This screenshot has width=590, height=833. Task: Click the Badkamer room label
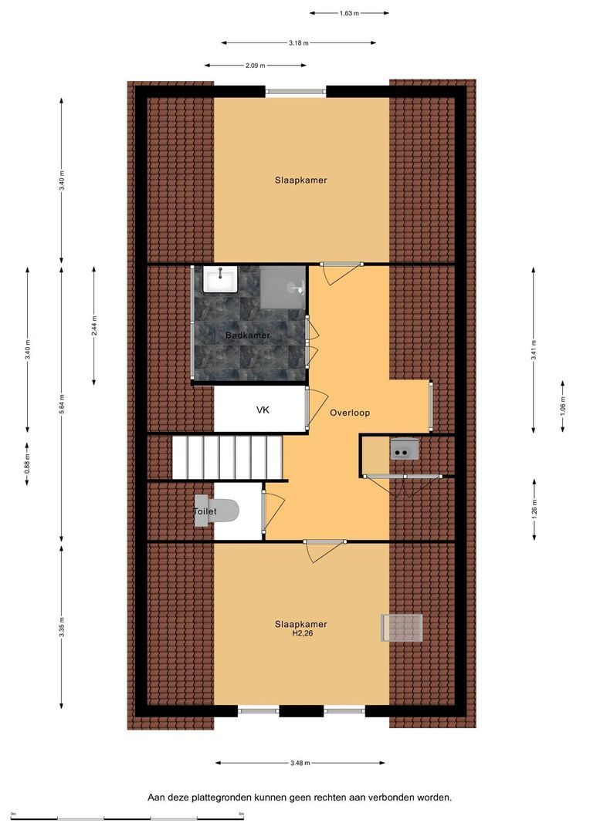point(247,336)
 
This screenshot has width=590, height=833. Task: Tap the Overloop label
point(350,413)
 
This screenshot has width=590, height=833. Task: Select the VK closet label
point(263,410)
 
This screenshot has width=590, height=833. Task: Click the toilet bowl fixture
point(217,511)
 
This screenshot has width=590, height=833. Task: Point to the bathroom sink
point(220,279)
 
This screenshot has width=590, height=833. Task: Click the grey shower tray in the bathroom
point(283,288)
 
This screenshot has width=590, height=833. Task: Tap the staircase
point(227,457)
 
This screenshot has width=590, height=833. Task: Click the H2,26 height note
point(302,633)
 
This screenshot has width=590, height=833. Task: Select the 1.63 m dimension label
point(349,13)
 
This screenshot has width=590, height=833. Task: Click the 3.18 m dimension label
point(298,43)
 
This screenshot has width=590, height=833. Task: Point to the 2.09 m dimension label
point(255,66)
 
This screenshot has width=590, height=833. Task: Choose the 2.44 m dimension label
point(94,325)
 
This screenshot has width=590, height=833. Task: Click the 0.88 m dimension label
point(28,464)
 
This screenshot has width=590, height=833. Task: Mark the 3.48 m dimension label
point(300,764)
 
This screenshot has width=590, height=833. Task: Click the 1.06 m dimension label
point(563,406)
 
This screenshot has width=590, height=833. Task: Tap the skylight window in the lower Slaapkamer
point(402,628)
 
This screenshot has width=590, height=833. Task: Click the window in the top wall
point(296,91)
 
